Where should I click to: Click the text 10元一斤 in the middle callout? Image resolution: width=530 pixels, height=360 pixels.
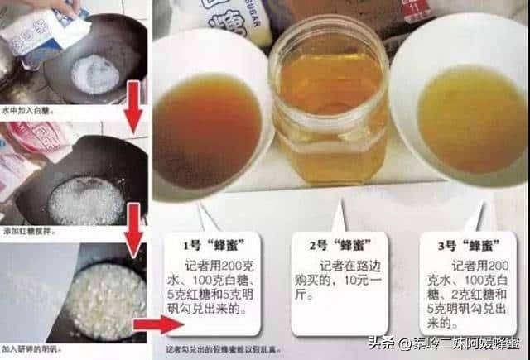pos(331,285)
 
